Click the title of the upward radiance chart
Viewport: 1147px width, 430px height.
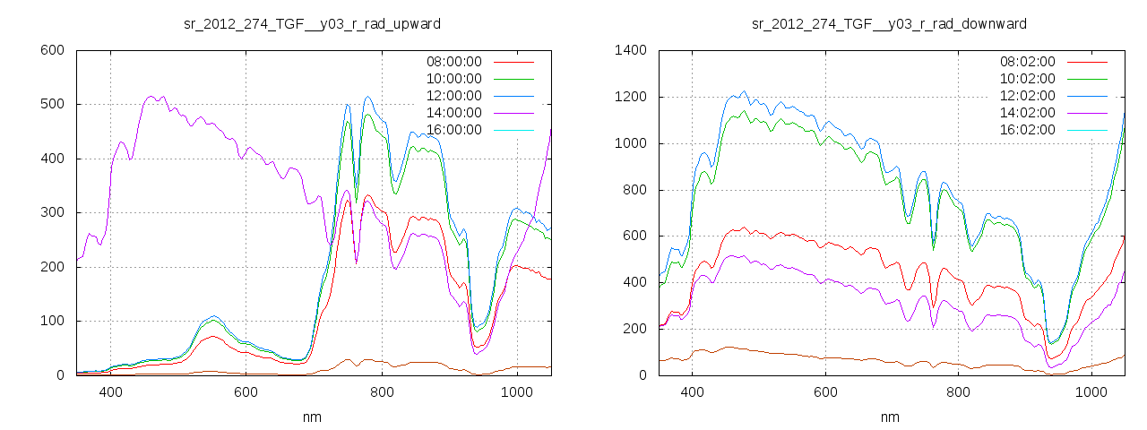pyautogui.click(x=312, y=23)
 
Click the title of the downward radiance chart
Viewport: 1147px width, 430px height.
pyautogui.click(x=889, y=23)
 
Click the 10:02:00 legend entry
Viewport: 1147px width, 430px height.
pyautogui.click(x=1027, y=79)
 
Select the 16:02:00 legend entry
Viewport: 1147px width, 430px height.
pyautogui.click(x=1027, y=130)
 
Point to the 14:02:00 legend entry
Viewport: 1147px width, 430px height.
pyautogui.click(x=1027, y=113)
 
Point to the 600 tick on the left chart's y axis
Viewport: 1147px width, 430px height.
pyautogui.click(x=53, y=50)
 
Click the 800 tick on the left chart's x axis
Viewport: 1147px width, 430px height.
pyautogui.click(x=382, y=392)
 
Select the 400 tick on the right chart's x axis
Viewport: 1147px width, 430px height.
pyautogui.click(x=692, y=392)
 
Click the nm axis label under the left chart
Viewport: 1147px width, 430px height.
pyautogui.click(x=312, y=417)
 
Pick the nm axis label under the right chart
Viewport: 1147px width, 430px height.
pyautogui.click(x=889, y=417)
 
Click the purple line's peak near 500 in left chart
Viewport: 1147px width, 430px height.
pyautogui.click(x=151, y=96)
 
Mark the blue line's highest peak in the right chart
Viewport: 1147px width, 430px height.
pyautogui.click(x=744, y=91)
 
